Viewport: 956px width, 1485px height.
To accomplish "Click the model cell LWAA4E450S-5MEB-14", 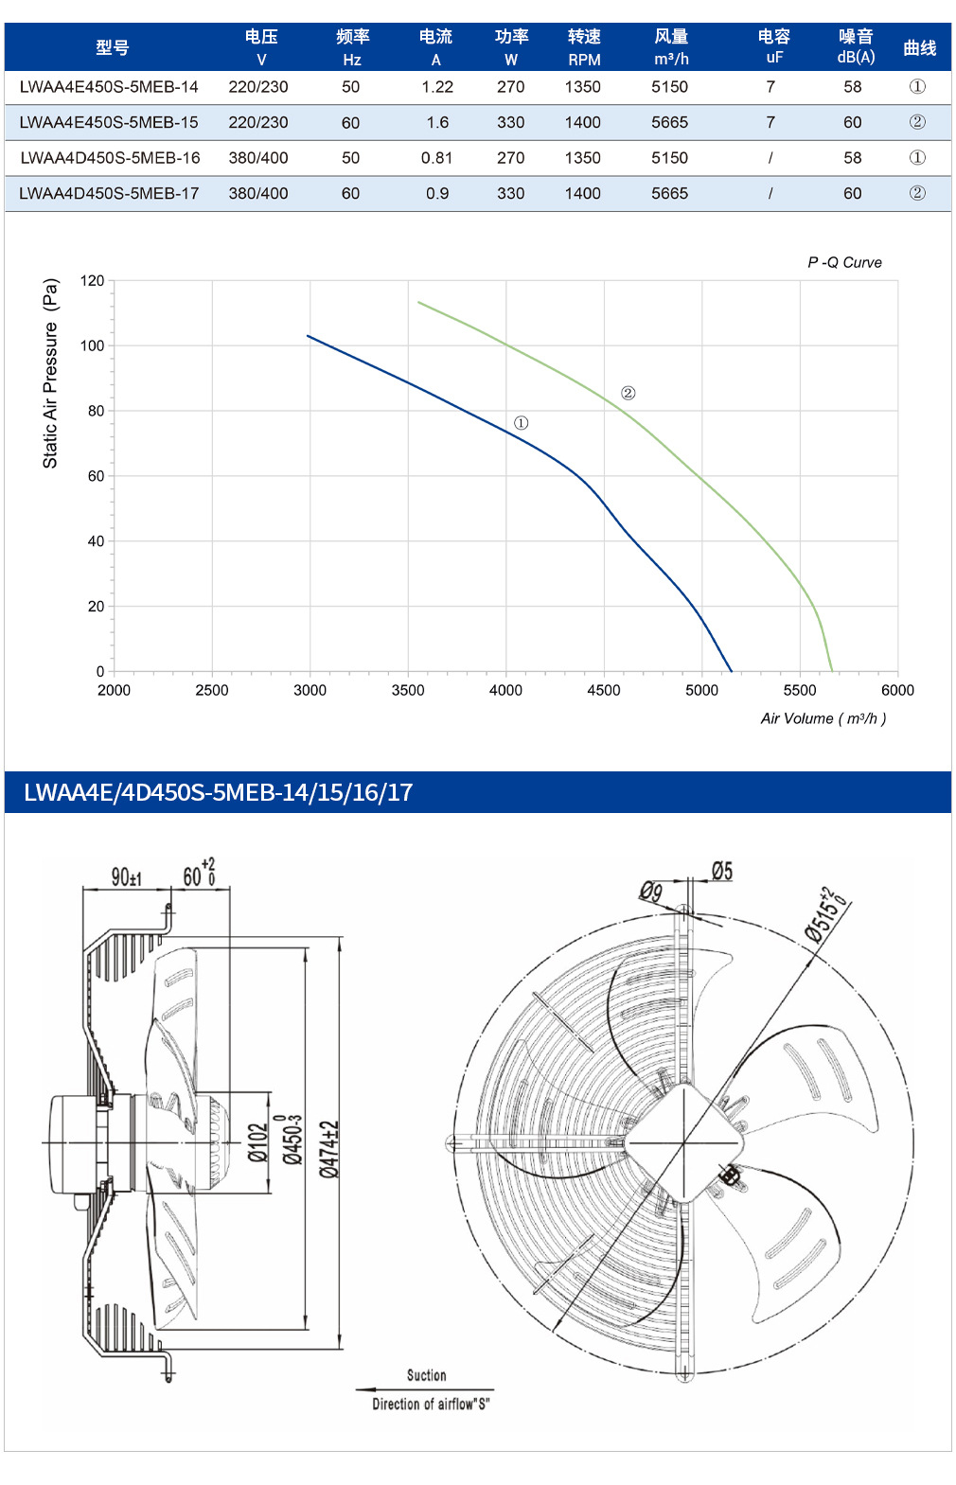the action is [109, 87].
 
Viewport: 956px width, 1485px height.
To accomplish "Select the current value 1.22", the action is [437, 87].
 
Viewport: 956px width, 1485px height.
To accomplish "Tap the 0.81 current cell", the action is [437, 158].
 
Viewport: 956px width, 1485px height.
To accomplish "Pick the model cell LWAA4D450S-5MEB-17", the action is [109, 194].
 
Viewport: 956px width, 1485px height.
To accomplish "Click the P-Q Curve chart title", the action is [844, 262].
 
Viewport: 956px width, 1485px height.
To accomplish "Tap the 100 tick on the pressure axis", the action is [92, 345].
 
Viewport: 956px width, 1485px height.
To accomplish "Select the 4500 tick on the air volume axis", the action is [603, 690].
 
